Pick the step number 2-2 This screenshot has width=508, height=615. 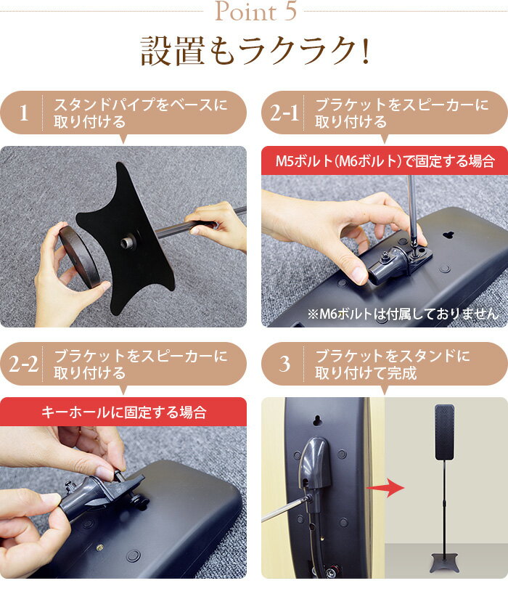(x=24, y=364)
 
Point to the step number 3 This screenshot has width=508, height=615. (x=284, y=364)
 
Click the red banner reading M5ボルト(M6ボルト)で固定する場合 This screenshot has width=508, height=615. (x=385, y=160)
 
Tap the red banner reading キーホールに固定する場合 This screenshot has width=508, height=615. (x=123, y=412)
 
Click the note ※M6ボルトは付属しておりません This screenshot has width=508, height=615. (x=403, y=314)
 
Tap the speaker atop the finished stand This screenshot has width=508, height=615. (x=444, y=431)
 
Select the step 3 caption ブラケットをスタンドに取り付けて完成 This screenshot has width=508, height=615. (x=392, y=364)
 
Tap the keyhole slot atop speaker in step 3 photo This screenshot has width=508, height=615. (x=317, y=420)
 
